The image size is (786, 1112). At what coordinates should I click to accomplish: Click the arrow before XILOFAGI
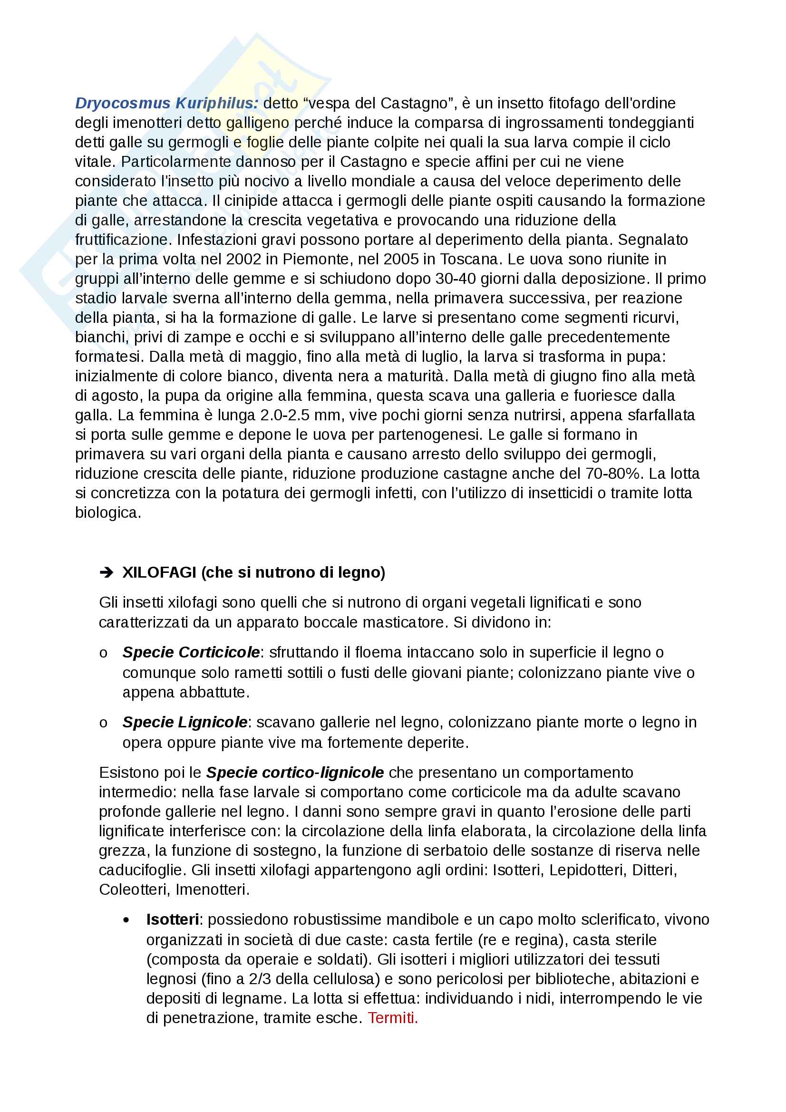[106, 572]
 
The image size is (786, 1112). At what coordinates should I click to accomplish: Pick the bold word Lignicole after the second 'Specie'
[212, 722]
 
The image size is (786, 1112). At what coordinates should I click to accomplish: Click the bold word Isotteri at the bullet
[173, 919]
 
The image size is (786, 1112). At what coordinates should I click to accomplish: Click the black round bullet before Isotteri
[127, 920]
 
